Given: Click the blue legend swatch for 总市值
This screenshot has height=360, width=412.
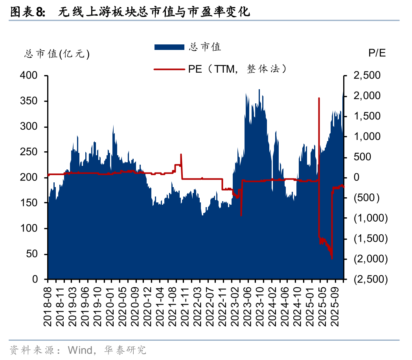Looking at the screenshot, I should (x=169, y=47).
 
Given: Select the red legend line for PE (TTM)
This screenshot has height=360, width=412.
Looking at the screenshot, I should (x=169, y=70).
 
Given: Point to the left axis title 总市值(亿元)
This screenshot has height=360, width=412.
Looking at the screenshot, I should (x=57, y=55).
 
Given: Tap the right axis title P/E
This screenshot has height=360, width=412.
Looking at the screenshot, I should (x=377, y=53).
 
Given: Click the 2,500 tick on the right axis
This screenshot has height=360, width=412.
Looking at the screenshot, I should (x=367, y=75).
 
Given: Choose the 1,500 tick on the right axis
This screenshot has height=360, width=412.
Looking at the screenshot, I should (x=367, y=116).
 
